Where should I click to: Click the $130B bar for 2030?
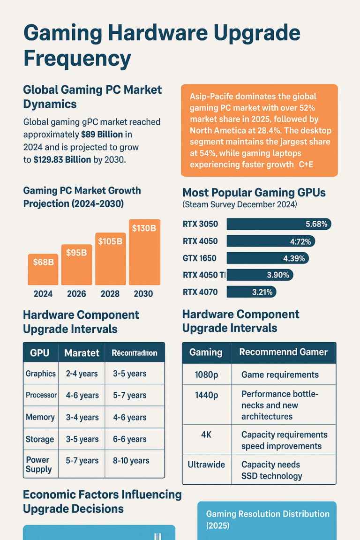[144, 253]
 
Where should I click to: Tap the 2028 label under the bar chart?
[110, 294]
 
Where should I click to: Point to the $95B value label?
[76, 253]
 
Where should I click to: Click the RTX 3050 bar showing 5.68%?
[278, 224]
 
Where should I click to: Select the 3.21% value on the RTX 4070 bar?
[262, 292]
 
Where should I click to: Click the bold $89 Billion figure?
[102, 134]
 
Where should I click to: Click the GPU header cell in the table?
[40, 352]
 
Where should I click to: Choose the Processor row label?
[41, 395]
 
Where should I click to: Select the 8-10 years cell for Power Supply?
[131, 461]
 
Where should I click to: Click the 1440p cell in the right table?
[206, 395]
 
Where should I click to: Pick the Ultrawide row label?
[206, 465]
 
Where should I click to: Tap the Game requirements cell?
[280, 375]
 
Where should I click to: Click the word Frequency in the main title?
[77, 59]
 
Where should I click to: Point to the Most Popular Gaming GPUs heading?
[254, 193]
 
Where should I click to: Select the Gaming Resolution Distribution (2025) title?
[267, 519]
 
